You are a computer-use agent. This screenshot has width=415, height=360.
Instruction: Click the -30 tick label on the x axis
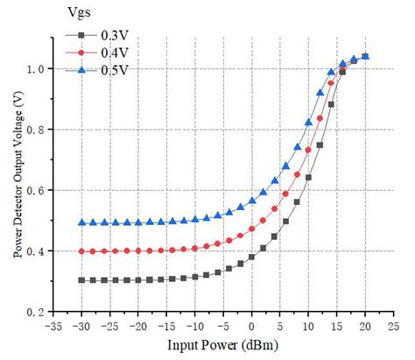[x=81, y=325]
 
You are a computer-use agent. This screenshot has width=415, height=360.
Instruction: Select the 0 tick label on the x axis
[x=251, y=325]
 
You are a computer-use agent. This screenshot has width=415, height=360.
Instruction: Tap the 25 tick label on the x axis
[x=393, y=325]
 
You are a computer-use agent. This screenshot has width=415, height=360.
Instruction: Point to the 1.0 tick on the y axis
[x=37, y=68]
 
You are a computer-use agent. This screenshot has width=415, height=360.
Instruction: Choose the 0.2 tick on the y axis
[x=37, y=312]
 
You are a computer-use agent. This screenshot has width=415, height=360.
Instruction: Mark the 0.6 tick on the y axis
[x=37, y=190]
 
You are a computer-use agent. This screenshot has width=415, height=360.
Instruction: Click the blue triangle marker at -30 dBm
[x=81, y=222]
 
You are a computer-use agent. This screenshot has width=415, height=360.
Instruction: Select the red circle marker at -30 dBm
[x=81, y=251]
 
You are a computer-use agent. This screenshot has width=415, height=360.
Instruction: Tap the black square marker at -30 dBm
[x=81, y=280]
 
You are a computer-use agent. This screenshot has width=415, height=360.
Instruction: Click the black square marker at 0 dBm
[x=251, y=257]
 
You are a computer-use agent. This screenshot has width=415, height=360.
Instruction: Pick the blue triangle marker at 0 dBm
[x=251, y=201]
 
